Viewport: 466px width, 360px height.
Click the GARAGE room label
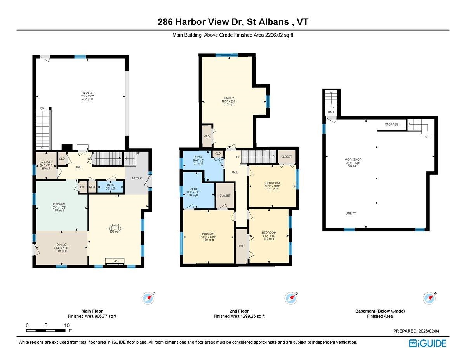coord(87,93)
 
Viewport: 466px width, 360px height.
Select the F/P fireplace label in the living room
coord(115,260)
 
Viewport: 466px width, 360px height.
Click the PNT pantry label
coord(83,187)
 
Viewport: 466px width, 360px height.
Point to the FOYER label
coord(137,179)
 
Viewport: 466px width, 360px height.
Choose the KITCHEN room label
coord(59,205)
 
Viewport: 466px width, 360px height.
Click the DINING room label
coord(61,245)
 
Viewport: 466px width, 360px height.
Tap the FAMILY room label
coord(229,98)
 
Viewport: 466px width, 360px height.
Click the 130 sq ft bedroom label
coord(272,183)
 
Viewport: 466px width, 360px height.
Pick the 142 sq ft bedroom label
coord(269,233)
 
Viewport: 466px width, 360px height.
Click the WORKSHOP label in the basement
coord(353,160)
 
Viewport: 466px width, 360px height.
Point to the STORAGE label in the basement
coord(391,125)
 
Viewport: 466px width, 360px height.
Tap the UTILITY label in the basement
coord(351,214)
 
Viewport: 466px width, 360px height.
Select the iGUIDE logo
coord(428,343)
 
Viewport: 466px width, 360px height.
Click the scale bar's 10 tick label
coord(67,325)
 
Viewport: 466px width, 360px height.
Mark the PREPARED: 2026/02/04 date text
coord(419,331)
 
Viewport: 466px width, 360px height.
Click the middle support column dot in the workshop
coord(376,178)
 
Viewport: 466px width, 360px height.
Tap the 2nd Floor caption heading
coord(239,311)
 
